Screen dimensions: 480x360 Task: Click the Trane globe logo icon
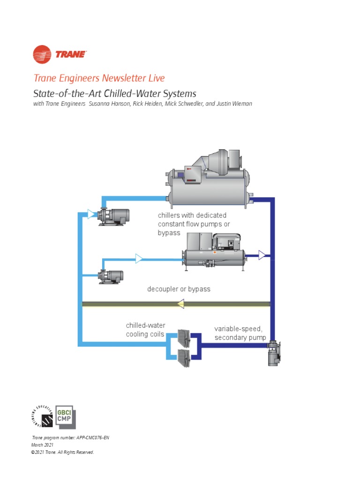[42, 54]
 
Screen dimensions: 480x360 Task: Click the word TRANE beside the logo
[71, 54]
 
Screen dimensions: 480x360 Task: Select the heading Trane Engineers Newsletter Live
[99, 78]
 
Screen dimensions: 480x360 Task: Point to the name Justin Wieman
[236, 104]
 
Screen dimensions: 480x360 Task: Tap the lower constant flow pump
[111, 277]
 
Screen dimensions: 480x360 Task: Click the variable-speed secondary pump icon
[273, 353]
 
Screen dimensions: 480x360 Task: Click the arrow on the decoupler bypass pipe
[180, 305]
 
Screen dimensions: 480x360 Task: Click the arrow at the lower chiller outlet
[262, 255]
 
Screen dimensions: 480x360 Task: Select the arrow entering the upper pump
[91, 215]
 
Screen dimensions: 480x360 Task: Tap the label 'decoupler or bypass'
[179, 289]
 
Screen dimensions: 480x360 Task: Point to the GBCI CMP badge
[65, 416]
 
